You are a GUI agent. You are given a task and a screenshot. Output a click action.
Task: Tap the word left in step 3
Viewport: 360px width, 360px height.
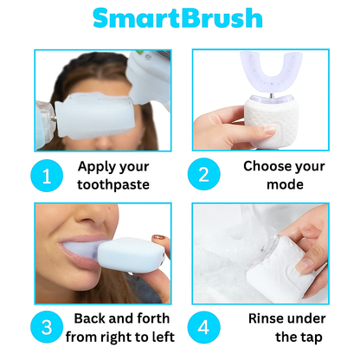tap(161, 337)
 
